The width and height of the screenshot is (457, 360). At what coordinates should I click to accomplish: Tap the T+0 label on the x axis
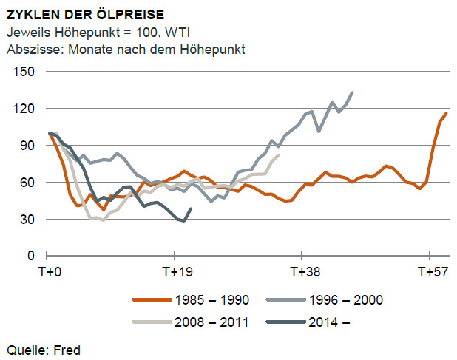pos(50,272)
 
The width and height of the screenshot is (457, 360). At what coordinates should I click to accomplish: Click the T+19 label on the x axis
pos(176,272)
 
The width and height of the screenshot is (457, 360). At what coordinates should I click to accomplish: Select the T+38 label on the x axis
pos(302,272)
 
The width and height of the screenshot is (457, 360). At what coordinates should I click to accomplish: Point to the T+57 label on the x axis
pos(429,272)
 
